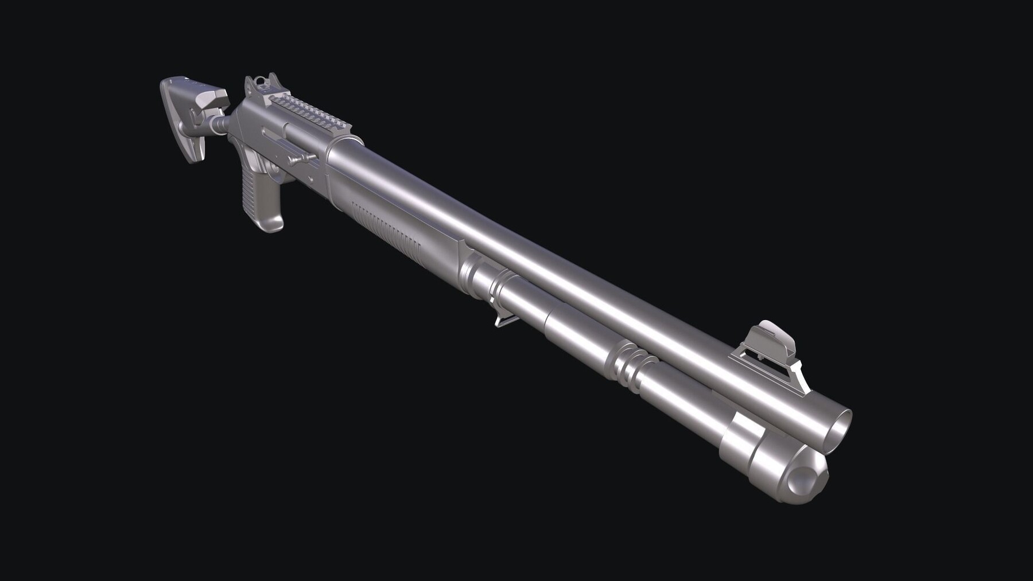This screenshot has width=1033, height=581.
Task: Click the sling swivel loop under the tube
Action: pyautogui.click(x=501, y=319)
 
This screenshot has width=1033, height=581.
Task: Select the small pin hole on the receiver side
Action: pyautogui.click(x=274, y=170)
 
